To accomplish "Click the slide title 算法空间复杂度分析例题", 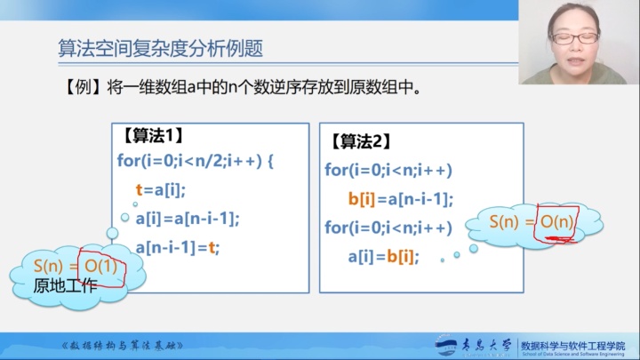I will click(160, 48).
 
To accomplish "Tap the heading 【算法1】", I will click(152, 135).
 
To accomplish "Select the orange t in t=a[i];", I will click(140, 189).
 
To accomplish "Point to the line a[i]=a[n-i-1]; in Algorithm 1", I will click(188, 218).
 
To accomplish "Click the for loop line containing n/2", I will click(196, 161).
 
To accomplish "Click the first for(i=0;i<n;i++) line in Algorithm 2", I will click(388, 170).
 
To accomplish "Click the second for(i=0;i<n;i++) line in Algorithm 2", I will click(388, 228).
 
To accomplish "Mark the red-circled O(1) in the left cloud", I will click(100, 266).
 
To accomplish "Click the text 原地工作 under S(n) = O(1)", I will click(64, 285).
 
